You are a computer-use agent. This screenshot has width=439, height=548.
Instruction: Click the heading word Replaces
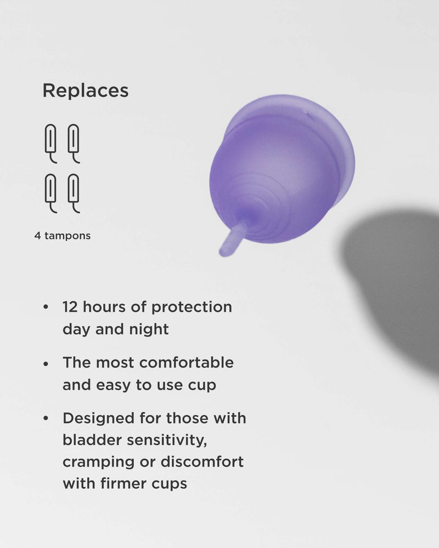tap(86, 91)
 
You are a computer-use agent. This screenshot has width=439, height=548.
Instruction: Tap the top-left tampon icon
tap(50, 143)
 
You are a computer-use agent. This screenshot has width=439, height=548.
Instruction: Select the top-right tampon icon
tap(74, 143)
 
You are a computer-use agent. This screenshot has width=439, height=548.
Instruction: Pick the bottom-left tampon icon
tap(50, 193)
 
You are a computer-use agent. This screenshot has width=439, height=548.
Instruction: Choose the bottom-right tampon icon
tap(74, 193)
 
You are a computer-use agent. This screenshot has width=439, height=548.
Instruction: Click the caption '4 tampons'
tap(63, 236)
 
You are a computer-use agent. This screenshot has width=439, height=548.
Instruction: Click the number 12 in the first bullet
tap(72, 307)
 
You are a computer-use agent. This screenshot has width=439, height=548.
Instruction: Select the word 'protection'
tap(192, 307)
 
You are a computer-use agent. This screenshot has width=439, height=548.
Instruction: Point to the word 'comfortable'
tap(187, 363)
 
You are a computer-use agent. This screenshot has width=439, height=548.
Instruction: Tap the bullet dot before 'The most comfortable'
tap(46, 363)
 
